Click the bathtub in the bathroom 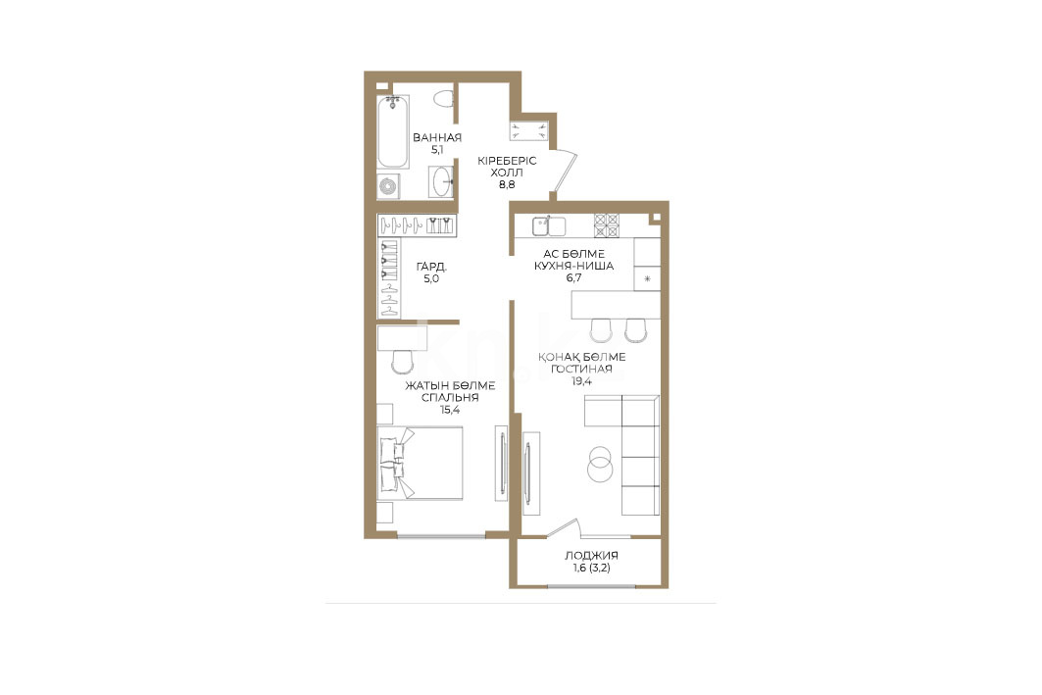tap(393, 131)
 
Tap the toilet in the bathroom tap(444, 100)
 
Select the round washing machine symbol tap(389, 185)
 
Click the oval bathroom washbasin tap(441, 180)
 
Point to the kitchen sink tap(548, 225)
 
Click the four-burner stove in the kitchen tap(606, 225)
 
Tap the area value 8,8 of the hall tap(507, 184)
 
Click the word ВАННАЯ tap(436, 137)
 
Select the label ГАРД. tap(432, 267)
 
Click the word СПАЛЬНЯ tap(450, 397)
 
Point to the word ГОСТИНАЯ tap(581, 369)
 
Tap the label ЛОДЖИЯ tap(591, 556)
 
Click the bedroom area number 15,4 tap(450, 410)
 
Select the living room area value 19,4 tap(581, 381)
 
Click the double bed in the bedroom tap(420, 463)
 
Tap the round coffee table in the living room tap(600, 463)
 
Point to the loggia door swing tap(566, 527)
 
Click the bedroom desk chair tap(402, 362)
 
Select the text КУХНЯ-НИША tap(573, 266)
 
